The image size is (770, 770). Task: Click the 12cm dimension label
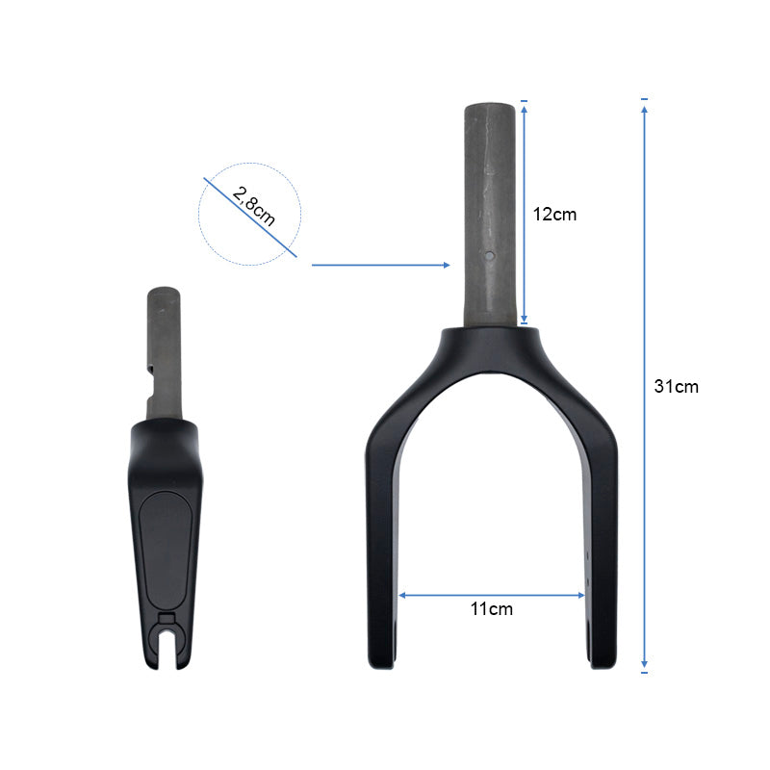click(x=554, y=215)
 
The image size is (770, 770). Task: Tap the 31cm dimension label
click(x=677, y=387)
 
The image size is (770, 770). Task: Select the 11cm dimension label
click(x=492, y=609)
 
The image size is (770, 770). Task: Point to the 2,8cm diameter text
click(x=253, y=206)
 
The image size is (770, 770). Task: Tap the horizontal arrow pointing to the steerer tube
click(x=381, y=266)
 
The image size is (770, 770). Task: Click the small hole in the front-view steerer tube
click(x=490, y=255)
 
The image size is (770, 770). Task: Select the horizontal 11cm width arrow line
click(x=492, y=595)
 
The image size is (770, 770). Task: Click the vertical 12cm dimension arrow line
click(x=524, y=214)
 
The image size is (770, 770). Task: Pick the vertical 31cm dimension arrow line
click(x=644, y=387)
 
